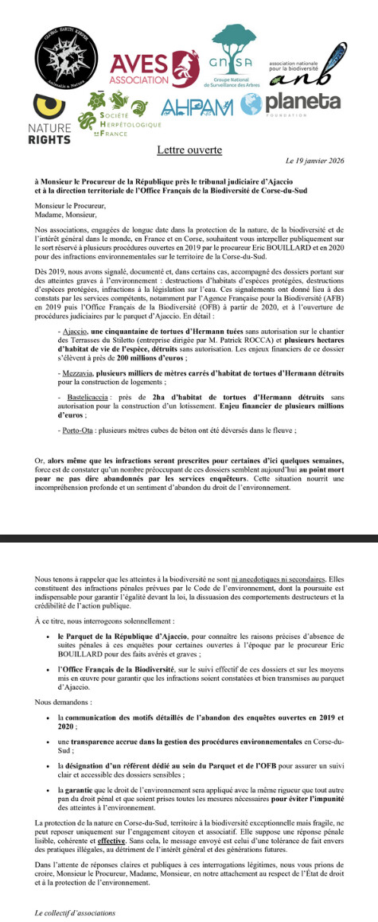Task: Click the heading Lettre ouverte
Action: [188, 149]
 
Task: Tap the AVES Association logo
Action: [151, 66]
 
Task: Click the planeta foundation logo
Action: [304, 104]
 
